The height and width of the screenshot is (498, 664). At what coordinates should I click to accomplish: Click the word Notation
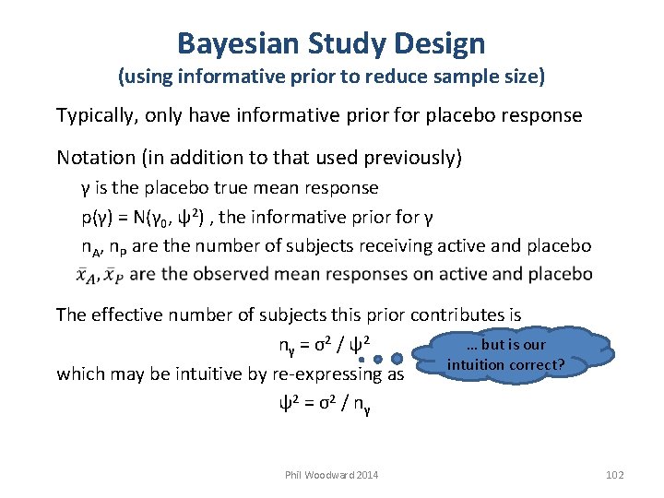(x=95, y=158)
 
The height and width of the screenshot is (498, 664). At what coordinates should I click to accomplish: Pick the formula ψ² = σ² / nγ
(x=325, y=403)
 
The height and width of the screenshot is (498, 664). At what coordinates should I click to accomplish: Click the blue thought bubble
(x=505, y=355)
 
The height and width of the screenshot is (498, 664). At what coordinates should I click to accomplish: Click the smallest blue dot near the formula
(x=362, y=360)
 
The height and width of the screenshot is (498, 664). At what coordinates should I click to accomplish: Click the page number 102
(x=615, y=474)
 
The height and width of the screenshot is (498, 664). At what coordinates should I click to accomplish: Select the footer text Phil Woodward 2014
(x=332, y=474)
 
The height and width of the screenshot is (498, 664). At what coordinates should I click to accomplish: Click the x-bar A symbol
(x=89, y=275)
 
